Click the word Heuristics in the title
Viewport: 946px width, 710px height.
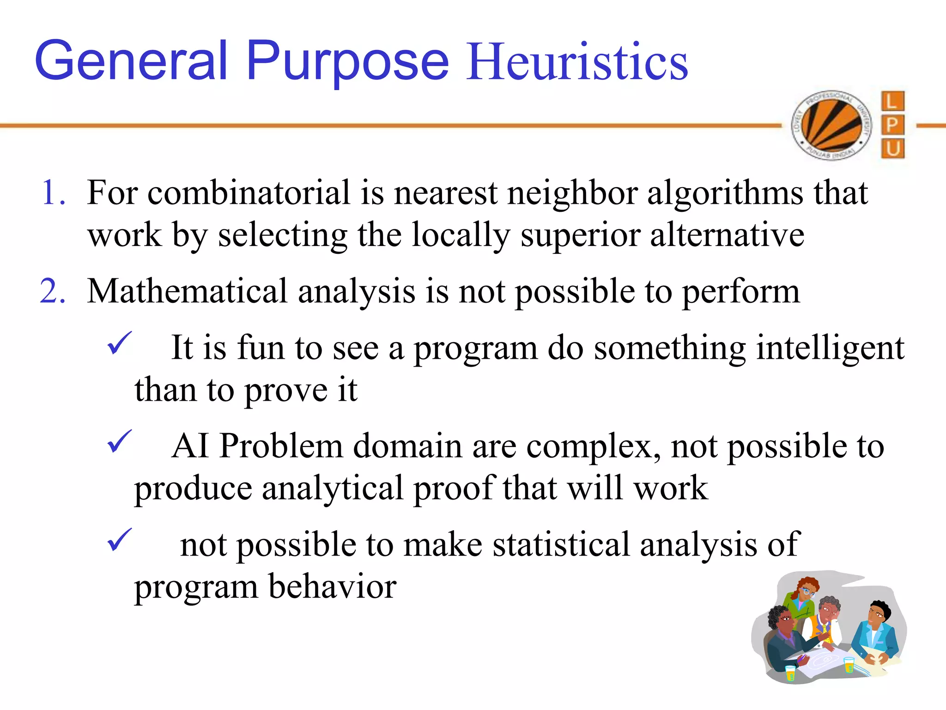click(577, 62)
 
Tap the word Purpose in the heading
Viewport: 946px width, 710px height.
click(347, 62)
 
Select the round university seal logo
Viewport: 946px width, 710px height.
click(831, 125)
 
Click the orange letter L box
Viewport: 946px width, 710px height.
click(892, 101)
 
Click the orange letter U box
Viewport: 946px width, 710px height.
click(892, 149)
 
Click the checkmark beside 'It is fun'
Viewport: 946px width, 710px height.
click(119, 344)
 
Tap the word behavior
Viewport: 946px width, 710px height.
click(332, 587)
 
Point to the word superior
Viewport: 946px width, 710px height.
click(580, 235)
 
